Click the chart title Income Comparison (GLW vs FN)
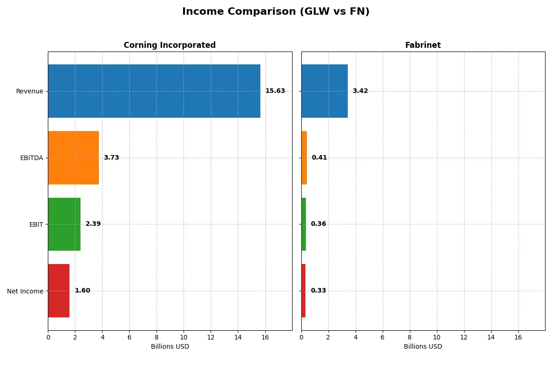coord(276,12)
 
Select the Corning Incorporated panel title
coord(169,45)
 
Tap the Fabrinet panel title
coord(423,45)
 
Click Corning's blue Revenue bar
coord(154,91)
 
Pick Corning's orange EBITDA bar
coord(74,158)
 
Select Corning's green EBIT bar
coord(64,224)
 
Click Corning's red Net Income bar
coord(59,291)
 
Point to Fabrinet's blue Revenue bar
coord(324,91)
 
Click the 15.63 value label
coord(275,91)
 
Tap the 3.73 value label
coord(111,158)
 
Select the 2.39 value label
coord(93,224)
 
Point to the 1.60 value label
coord(82,291)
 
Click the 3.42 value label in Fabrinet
coord(360,91)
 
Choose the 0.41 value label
coord(319,158)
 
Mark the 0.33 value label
coord(318,291)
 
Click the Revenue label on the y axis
coord(29,91)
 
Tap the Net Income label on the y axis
coord(25,291)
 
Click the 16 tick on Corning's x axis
coord(265,337)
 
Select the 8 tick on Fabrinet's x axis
coord(409,337)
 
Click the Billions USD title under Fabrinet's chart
coord(423,347)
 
